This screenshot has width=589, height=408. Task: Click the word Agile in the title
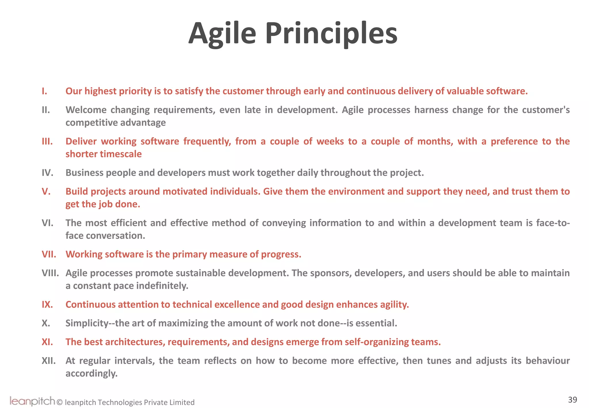tap(222, 34)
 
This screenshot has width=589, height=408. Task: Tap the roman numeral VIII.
tap(50, 273)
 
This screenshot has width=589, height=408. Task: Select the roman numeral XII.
tap(49, 361)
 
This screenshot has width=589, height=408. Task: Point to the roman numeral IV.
tap(47, 173)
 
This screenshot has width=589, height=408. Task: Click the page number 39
tap(572, 400)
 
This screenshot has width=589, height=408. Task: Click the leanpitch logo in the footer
tap(32, 401)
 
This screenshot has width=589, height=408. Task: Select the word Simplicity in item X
tap(87, 323)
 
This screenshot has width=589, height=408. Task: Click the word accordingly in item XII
tap(91, 373)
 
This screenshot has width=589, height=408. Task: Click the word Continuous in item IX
tap(90, 304)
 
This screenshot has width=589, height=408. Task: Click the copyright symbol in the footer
tap(60, 402)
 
